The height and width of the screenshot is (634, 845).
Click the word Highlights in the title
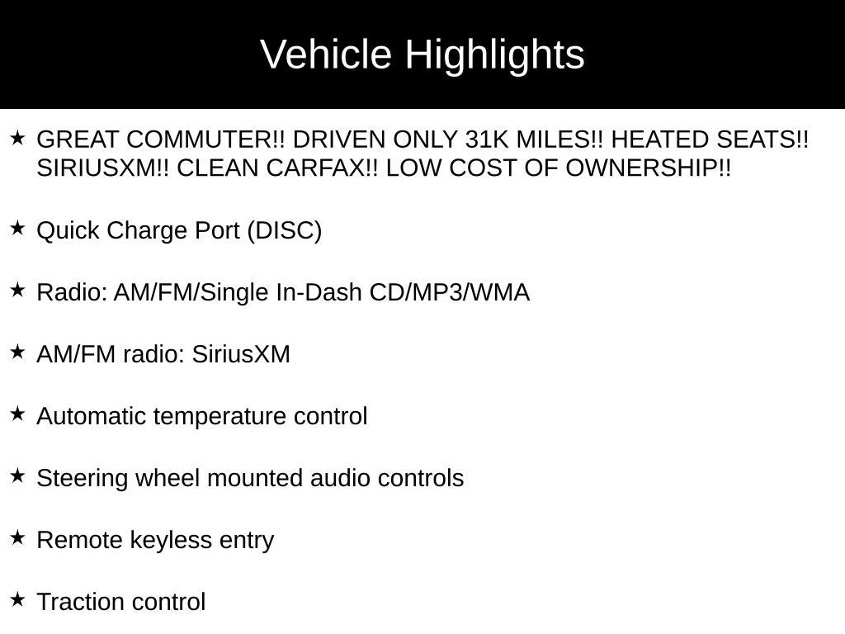point(494,55)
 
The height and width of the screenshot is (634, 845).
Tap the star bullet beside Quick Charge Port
point(17,228)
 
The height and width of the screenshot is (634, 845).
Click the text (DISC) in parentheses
point(284,230)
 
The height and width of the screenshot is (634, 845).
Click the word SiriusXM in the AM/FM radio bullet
point(241,354)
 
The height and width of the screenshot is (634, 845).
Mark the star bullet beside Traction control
point(17,599)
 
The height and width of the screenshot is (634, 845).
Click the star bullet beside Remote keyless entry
point(17,537)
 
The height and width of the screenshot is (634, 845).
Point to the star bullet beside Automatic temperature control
point(17,414)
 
